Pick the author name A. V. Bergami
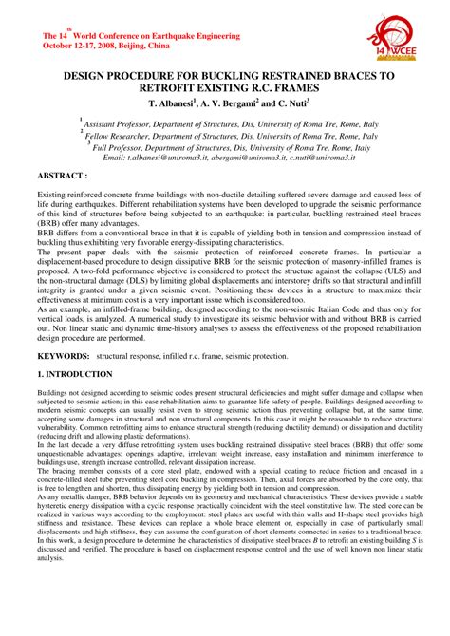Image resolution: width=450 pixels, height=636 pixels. [228, 102]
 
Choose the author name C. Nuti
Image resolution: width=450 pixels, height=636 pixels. [288, 102]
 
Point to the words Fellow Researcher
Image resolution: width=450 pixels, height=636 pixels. [118, 136]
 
